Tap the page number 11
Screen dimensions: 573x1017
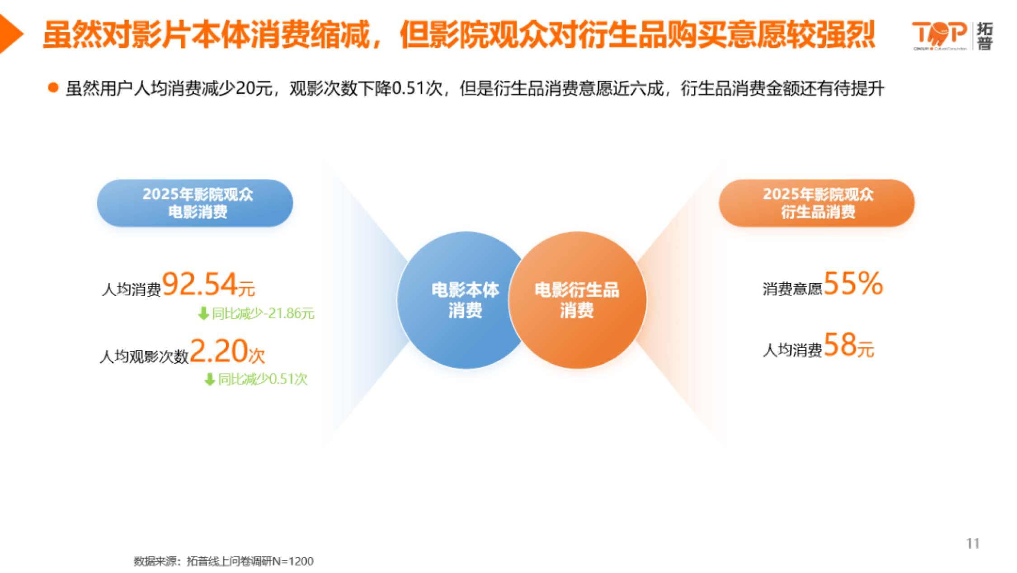coord(973,543)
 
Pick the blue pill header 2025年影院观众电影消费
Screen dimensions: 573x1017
coord(195,203)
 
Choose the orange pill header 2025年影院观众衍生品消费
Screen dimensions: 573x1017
coord(816,203)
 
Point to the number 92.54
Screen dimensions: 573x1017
coord(200,284)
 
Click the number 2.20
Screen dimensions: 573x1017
coord(219,351)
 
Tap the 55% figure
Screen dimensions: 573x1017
coord(853,284)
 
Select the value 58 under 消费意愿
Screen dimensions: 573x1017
coord(840,345)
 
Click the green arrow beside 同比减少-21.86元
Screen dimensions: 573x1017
coord(203,313)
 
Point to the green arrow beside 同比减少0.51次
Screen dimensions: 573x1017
coord(209,379)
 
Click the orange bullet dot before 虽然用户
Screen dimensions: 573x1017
coord(53,88)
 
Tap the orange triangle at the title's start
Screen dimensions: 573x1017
coord(10,34)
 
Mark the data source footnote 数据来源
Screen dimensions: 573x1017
coord(223,561)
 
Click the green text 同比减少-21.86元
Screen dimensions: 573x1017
coord(263,313)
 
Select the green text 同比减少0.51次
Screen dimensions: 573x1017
coord(263,379)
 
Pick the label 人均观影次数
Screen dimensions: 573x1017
coord(144,356)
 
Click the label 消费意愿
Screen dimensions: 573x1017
coord(792,289)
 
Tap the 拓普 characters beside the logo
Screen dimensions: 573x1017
coord(984,36)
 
